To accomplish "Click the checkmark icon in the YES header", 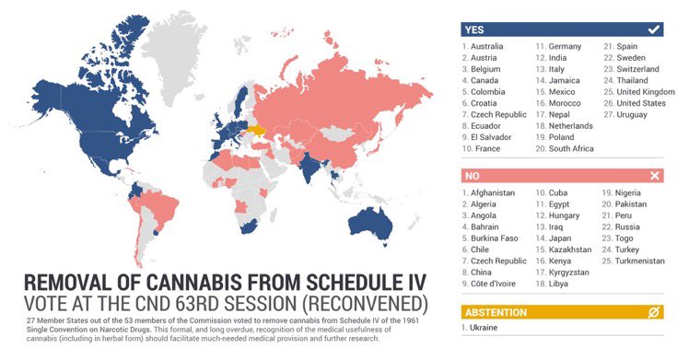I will pyautogui.click(x=653, y=29).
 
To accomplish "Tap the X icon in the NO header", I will pyautogui.click(x=653, y=175).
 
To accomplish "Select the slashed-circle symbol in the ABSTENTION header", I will pyautogui.click(x=653, y=312).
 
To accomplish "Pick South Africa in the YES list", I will pyautogui.click(x=571, y=148).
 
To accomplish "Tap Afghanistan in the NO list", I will pyautogui.click(x=492, y=193).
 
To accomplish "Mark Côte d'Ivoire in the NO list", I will pyautogui.click(x=495, y=285).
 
